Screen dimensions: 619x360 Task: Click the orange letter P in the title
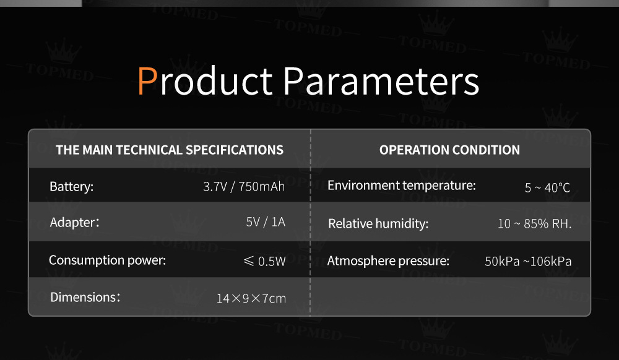tap(148, 80)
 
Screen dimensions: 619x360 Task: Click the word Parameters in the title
tap(381, 80)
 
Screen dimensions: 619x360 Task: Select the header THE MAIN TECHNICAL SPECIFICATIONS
tap(170, 150)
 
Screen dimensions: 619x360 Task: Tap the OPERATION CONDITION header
tap(449, 150)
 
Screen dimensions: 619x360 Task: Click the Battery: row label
tap(71, 187)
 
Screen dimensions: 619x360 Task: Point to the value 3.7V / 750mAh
tap(244, 187)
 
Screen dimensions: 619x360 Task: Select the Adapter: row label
tap(74, 223)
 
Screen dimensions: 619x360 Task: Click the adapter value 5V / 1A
tap(266, 222)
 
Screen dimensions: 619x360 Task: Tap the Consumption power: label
tap(107, 260)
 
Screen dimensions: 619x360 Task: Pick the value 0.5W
tap(272, 261)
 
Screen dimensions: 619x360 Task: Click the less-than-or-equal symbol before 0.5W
tap(249, 260)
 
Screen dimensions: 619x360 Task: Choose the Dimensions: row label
tap(85, 297)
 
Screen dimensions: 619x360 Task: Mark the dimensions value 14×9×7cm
tap(251, 299)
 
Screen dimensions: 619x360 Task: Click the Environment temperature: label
tap(402, 186)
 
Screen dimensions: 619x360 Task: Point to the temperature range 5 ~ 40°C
tap(548, 187)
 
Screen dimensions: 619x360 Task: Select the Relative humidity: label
tap(378, 223)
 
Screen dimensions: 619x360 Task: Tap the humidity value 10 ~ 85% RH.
tap(535, 223)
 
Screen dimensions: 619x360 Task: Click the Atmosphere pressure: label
tap(389, 261)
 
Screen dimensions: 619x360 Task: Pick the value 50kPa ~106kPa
tap(528, 262)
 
